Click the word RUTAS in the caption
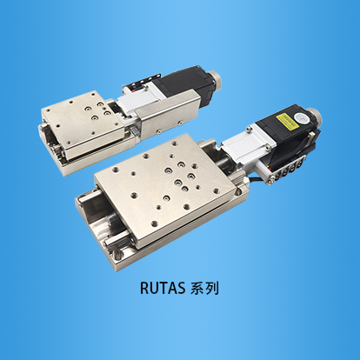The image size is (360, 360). (x=163, y=288)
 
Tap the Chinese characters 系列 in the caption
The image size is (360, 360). (x=204, y=289)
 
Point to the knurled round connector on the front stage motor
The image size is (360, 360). (x=314, y=116)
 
